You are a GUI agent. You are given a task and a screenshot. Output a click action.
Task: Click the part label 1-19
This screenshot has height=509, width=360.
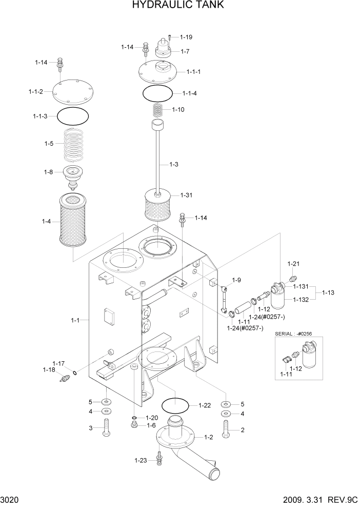(186, 37)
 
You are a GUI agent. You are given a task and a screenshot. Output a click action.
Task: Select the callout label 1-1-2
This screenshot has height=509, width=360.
(35, 92)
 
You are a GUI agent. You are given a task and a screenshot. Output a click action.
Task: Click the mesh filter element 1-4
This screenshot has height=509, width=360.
(75, 218)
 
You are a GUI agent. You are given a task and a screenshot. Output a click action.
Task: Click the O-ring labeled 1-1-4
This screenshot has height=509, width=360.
(157, 93)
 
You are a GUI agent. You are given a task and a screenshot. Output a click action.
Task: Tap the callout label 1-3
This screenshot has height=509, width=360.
(174, 164)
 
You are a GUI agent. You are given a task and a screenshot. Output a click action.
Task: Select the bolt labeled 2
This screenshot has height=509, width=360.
(226, 429)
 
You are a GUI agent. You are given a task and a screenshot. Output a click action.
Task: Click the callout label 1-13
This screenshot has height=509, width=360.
(329, 292)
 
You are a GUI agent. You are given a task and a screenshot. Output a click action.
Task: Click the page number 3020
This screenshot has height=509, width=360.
(10, 499)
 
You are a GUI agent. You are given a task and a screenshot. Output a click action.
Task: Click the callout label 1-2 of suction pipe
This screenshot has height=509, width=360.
(209, 437)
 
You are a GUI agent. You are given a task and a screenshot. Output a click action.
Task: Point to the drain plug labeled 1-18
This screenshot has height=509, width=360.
(64, 379)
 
